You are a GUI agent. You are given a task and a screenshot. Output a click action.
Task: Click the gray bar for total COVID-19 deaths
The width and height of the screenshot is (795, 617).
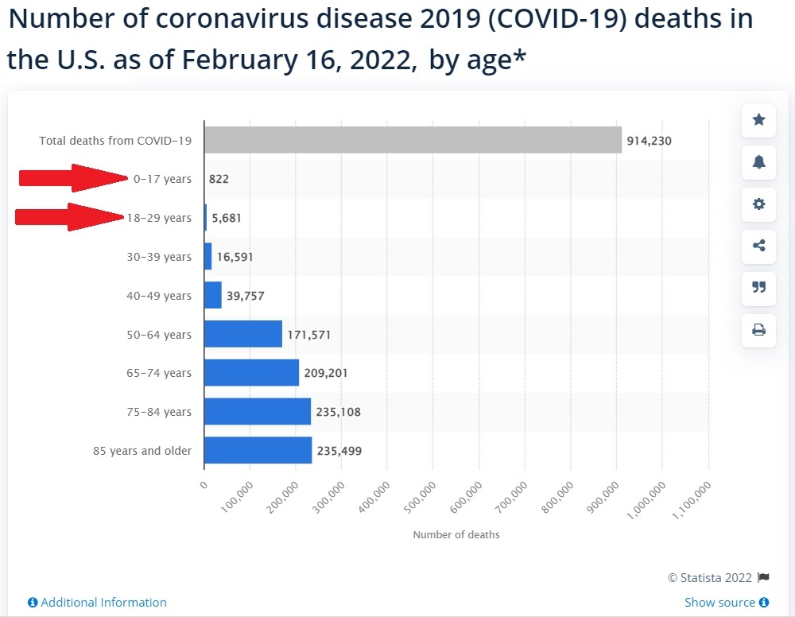click(413, 140)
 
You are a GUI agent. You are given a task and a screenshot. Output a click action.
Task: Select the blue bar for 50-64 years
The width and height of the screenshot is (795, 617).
click(243, 334)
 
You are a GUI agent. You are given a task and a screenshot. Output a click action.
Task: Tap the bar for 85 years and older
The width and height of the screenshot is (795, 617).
click(258, 451)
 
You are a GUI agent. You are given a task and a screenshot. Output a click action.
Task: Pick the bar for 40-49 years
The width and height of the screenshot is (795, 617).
click(213, 296)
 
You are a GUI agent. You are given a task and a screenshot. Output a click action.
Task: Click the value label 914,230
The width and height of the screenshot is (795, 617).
click(649, 141)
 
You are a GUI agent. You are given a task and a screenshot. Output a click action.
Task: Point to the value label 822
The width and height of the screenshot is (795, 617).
click(219, 179)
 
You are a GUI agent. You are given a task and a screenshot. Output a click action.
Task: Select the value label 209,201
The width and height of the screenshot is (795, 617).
click(326, 373)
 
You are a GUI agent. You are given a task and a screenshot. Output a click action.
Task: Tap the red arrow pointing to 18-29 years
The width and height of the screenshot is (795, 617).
click(71, 216)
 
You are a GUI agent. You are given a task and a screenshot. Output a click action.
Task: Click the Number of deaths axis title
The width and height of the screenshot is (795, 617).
click(456, 534)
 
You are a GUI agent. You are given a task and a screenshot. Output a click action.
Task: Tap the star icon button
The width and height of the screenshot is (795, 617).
click(758, 120)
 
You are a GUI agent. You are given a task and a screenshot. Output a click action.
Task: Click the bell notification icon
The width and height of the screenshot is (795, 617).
click(758, 162)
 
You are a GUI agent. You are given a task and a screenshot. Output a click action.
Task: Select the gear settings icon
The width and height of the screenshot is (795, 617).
click(758, 204)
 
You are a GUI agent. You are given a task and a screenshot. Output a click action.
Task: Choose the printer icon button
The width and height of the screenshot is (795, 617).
click(758, 329)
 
